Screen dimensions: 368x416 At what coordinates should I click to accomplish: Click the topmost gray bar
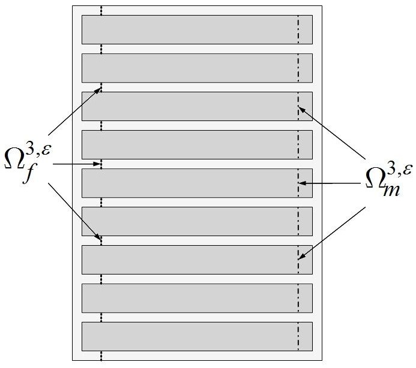click(197, 29)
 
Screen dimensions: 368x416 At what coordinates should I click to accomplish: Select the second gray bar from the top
click(197, 68)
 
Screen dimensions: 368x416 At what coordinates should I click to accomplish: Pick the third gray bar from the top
click(197, 106)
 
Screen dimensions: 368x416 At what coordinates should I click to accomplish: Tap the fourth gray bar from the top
click(197, 144)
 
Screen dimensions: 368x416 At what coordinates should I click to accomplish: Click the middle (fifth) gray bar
click(197, 183)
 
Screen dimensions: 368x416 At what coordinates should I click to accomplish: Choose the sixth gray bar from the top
click(197, 221)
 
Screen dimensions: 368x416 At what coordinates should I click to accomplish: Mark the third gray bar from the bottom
click(197, 260)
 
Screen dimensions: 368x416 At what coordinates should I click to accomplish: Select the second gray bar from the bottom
click(197, 298)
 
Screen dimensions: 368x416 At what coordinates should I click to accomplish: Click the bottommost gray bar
click(197, 336)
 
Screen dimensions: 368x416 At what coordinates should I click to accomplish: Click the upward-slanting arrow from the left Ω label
click(74, 112)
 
